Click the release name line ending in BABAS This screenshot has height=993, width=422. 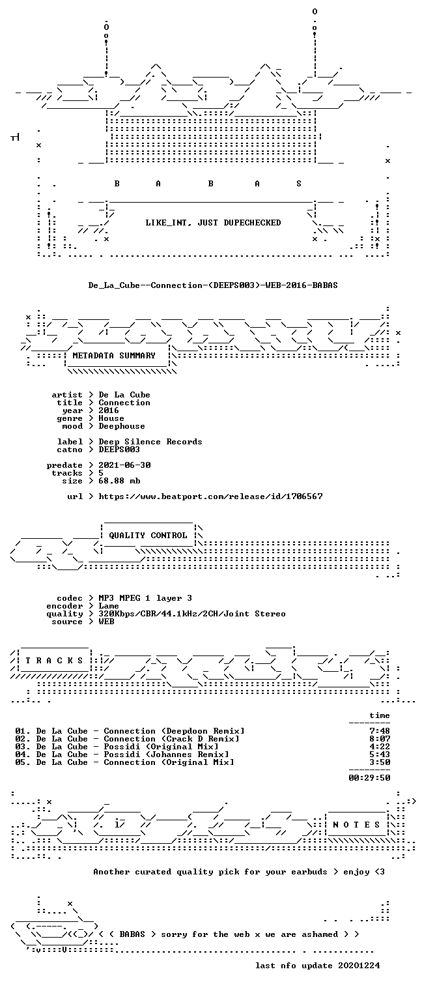[213, 285]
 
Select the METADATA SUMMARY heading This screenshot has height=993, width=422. [114, 356]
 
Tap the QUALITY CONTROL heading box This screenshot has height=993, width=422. [148, 536]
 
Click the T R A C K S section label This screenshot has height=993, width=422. [54, 661]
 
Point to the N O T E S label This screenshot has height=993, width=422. [356, 825]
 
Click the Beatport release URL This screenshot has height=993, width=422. [210, 497]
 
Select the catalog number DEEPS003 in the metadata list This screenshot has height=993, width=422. [119, 450]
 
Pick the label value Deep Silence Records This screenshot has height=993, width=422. [150, 442]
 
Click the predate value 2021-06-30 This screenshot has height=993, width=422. [124, 465]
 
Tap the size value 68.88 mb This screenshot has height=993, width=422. [119, 481]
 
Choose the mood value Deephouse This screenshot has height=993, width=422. [122, 427]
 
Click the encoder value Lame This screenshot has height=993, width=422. [109, 606]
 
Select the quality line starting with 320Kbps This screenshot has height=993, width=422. [192, 614]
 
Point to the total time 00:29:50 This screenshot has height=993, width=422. [369, 778]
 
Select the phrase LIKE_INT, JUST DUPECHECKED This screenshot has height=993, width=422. [213, 223]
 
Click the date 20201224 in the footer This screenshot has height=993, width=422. [359, 966]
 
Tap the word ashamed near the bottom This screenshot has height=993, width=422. [320, 934]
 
